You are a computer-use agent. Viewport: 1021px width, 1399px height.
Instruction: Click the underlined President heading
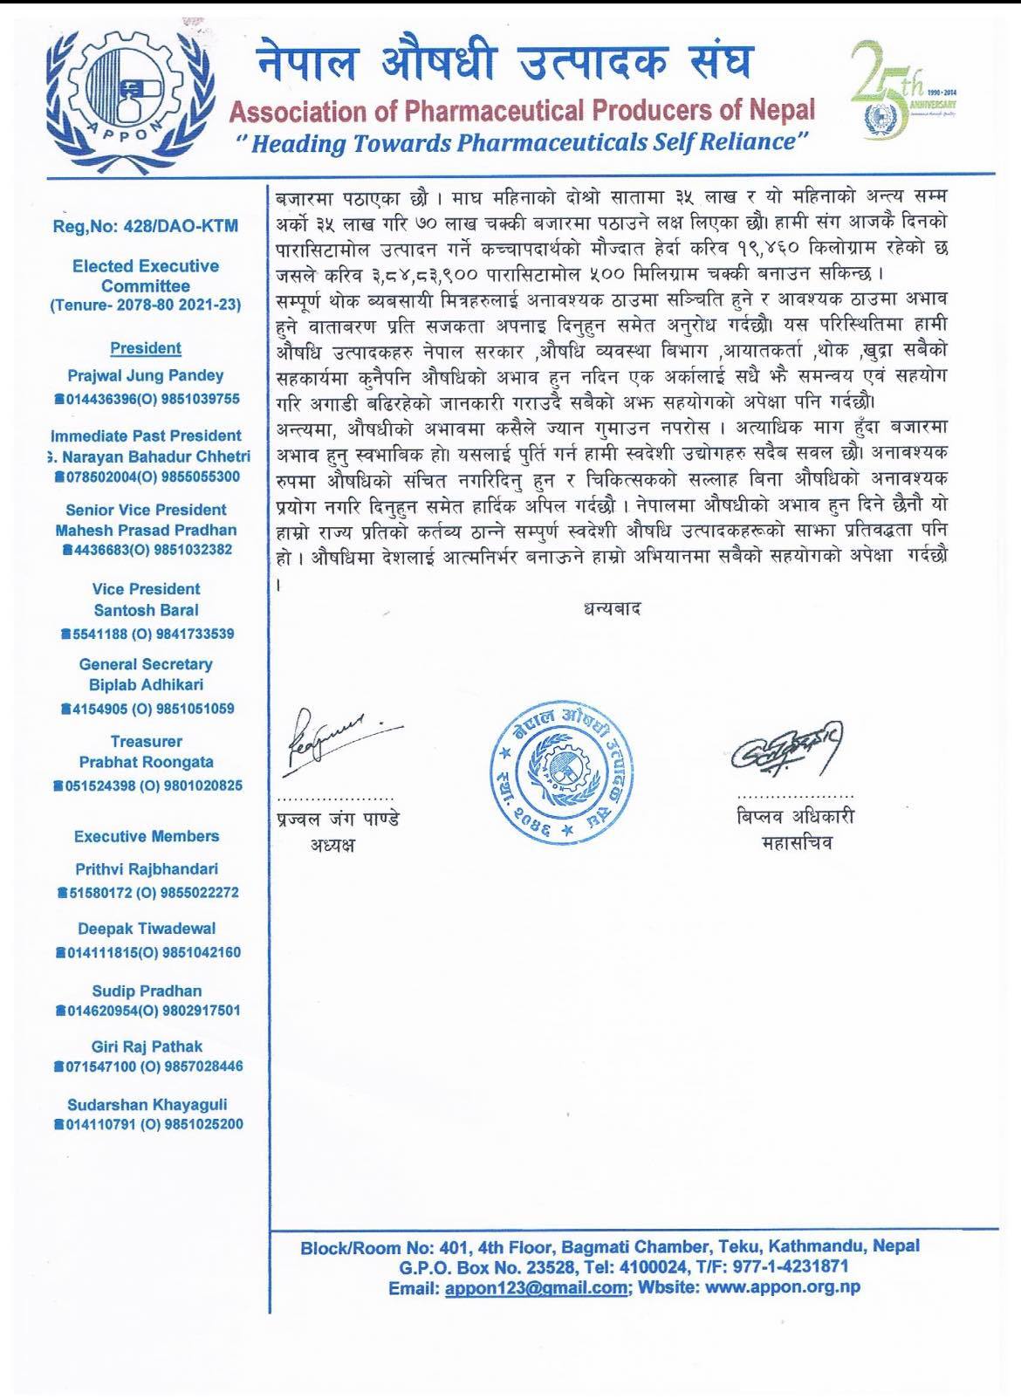146,348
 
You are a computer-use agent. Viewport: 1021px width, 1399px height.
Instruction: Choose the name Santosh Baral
146,610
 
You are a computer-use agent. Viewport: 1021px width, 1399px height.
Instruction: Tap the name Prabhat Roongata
146,762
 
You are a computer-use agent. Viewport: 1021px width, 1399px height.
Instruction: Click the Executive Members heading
146,836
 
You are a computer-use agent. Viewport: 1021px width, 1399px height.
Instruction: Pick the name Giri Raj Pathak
146,1046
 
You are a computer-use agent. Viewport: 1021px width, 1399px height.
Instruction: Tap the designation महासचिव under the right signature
795,844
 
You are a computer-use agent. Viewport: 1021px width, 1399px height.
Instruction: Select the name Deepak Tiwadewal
146,929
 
